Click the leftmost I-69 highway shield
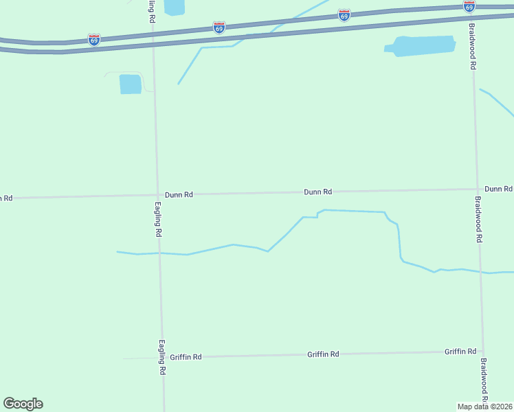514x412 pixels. pos(94,40)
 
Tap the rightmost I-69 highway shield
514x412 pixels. pos(469,6)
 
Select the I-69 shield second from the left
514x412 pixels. pos(219,27)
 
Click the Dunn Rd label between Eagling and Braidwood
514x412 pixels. pos(318,192)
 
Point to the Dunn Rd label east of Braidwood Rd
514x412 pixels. pos(498,188)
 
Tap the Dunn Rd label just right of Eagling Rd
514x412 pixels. pos(179,195)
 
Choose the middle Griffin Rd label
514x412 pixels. pos(323,354)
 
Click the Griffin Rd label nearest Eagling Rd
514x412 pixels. pos(186,357)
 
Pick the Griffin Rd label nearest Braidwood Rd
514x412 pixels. pos(460,352)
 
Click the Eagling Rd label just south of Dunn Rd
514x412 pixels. pos(158,219)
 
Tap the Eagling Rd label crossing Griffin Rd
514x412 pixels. pos(163,358)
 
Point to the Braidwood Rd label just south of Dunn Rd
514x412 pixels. pos(479,219)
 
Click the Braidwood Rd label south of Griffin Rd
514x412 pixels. pos(484,381)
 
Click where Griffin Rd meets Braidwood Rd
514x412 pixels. pos(482,352)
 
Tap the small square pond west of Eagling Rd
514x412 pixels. pos(130,84)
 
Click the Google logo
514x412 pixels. pos(23,404)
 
